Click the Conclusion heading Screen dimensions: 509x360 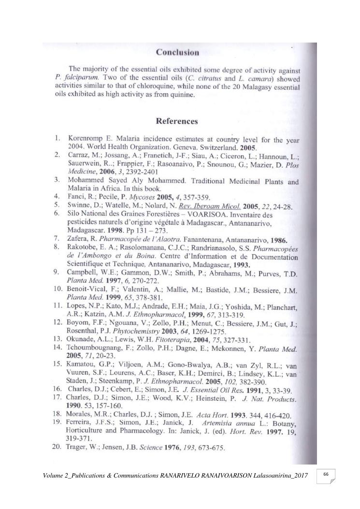[x=177, y=52]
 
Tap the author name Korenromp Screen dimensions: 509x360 [x=87, y=139]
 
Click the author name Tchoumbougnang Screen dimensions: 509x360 [x=97, y=348]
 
